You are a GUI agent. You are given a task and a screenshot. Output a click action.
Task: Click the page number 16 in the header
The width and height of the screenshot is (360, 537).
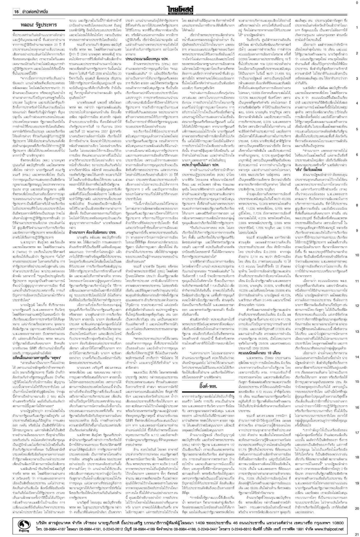pos(16,12)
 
